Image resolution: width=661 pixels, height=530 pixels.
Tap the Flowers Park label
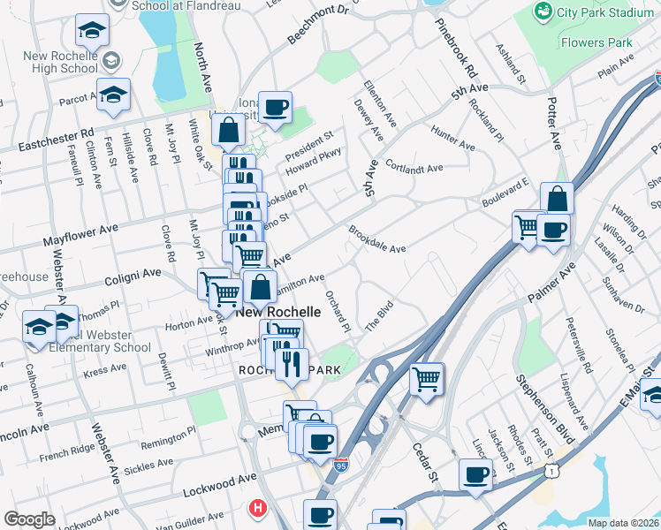[596, 42]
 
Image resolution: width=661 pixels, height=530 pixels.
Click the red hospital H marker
[258, 508]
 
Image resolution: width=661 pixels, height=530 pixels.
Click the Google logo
[29, 519]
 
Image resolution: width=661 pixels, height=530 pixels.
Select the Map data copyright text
[623, 523]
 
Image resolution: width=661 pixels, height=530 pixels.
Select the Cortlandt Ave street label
[414, 169]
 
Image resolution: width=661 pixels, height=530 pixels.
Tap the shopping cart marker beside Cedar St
[427, 380]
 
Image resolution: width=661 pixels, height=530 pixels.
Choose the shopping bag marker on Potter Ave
[557, 199]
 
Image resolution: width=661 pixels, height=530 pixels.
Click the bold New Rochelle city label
[277, 314]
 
